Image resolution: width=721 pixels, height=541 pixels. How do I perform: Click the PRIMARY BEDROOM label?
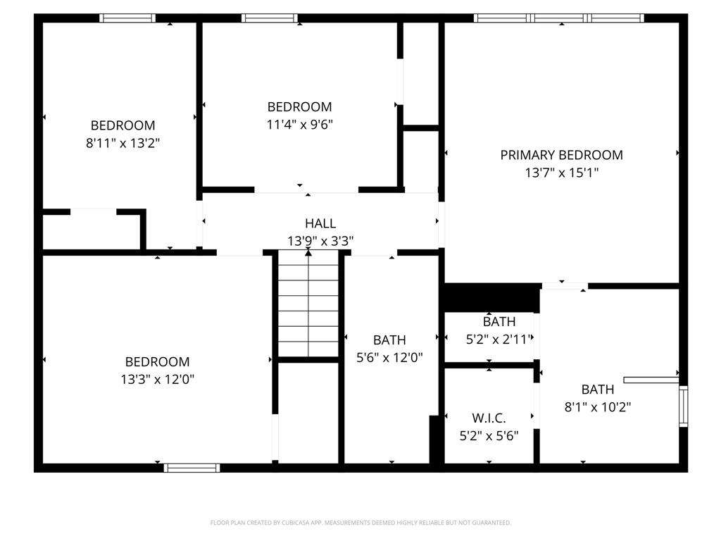tap(561, 155)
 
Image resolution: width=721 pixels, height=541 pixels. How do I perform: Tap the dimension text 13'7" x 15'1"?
tap(561, 173)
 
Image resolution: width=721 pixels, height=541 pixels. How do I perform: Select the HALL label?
tap(320, 223)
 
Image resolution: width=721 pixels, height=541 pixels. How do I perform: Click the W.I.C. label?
tap(489, 418)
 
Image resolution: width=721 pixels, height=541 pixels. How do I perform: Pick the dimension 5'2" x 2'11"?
tap(499, 339)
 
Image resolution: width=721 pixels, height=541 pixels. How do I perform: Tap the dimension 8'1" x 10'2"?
tap(597, 406)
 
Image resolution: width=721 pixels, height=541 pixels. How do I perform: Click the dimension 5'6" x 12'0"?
tap(389, 357)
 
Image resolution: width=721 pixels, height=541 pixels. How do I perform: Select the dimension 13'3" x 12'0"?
tap(157, 379)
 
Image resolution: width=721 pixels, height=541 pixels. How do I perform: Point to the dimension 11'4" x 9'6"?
tap(299, 125)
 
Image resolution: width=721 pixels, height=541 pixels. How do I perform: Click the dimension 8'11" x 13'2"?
tap(123, 143)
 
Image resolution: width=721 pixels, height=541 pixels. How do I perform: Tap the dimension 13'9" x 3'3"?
tap(320, 241)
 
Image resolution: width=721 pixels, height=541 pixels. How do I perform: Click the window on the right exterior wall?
tap(682, 406)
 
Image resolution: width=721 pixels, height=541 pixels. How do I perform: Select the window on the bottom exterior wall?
tap(192, 467)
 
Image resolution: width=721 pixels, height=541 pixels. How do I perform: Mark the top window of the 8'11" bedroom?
tap(127, 18)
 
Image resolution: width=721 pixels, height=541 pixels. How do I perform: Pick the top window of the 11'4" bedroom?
tap(269, 18)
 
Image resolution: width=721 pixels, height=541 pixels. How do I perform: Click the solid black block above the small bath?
tap(491, 297)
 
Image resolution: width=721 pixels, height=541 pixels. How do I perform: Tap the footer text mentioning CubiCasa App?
tap(360, 523)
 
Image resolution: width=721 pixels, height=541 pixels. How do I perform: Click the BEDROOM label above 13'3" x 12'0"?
tap(157, 362)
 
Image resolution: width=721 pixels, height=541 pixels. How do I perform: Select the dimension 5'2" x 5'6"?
tap(489, 435)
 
